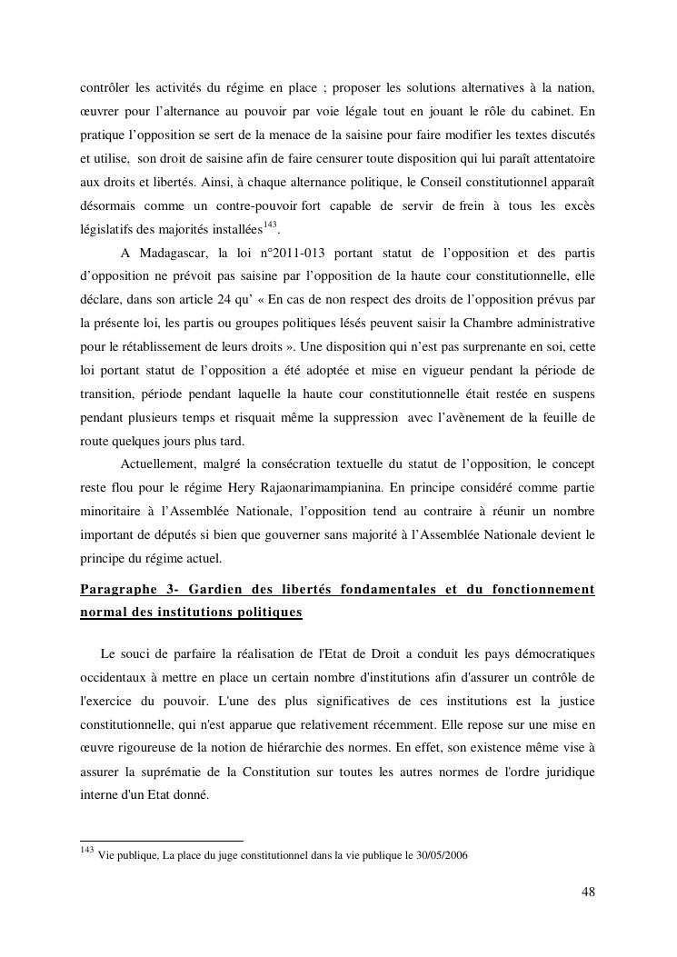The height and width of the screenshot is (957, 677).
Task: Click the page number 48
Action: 588,892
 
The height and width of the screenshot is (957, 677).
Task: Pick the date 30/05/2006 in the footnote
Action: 440,855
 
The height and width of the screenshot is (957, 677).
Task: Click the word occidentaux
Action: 116,677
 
